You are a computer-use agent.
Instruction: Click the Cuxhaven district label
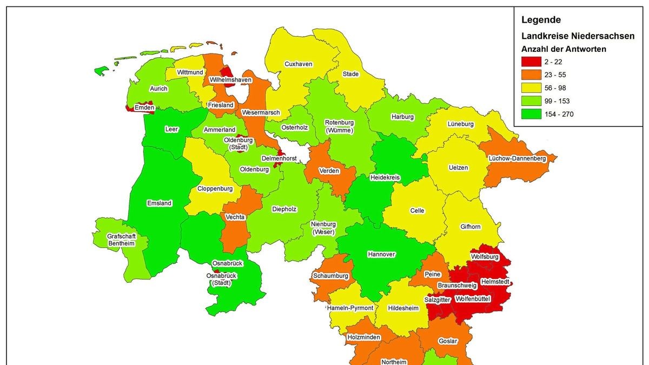tap(299, 64)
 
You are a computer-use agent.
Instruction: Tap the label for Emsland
tap(159, 203)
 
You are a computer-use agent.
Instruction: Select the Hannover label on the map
tap(381, 254)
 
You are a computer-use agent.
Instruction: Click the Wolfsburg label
tap(484, 257)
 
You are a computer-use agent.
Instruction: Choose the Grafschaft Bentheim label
tap(121, 240)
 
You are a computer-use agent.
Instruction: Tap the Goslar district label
tap(448, 341)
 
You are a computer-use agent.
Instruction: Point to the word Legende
tap(541, 20)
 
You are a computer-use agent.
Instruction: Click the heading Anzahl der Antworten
tap(564, 49)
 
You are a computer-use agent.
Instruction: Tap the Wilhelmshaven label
tap(230, 80)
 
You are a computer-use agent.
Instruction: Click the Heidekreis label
tap(385, 177)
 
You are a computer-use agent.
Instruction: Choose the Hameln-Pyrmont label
tap(350, 308)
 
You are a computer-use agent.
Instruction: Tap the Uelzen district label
tap(458, 168)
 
